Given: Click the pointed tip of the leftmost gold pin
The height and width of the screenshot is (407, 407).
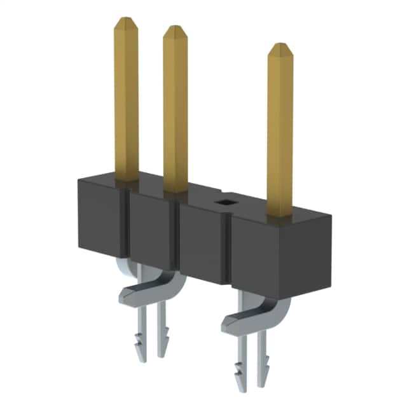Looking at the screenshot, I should coord(126,21).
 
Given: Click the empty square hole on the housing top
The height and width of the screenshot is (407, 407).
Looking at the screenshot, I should coord(223,202).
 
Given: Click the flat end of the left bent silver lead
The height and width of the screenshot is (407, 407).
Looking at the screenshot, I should coord(130,293).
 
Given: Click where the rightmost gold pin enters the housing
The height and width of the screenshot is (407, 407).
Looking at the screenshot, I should coord(279,216).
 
